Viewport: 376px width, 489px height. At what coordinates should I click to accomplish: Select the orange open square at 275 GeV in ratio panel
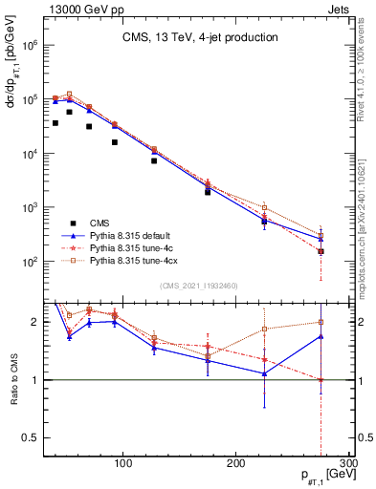pyautogui.click(x=321, y=322)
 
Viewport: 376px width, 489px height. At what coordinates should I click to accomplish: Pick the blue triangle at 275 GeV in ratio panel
pyautogui.click(x=321, y=336)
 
